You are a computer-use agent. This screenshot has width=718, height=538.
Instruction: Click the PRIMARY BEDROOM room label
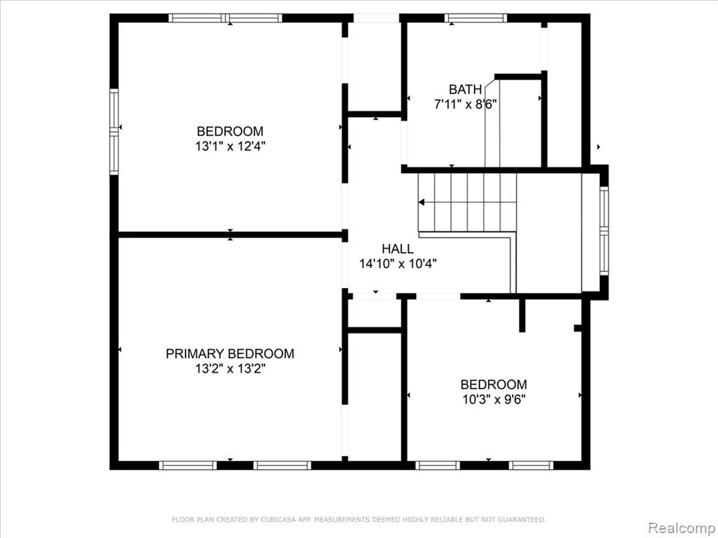pos(230,354)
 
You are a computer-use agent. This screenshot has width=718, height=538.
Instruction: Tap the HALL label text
pos(398,249)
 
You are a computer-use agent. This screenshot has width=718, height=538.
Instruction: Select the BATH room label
pos(466,89)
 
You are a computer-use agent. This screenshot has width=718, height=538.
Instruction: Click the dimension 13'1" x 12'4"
pos(230,146)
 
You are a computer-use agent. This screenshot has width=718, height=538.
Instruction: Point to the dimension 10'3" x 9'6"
pos(494,399)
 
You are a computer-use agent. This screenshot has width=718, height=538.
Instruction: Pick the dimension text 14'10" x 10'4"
pos(398,264)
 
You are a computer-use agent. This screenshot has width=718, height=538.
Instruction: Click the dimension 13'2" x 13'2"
pos(230,368)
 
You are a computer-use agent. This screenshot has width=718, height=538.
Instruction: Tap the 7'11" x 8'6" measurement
pos(466,104)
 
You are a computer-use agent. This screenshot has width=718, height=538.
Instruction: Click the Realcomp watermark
pos(682,527)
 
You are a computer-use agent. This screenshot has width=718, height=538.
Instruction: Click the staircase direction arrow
pos(421,202)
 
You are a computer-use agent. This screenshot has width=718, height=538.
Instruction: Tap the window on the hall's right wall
pos(604,231)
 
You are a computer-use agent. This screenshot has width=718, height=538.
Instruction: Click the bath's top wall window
pos(476,18)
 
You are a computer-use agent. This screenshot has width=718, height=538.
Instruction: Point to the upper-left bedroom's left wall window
pos(114,132)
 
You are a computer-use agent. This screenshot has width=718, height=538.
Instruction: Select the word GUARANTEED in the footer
pos(522,519)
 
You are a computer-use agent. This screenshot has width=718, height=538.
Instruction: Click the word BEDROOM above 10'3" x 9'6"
pos(494,385)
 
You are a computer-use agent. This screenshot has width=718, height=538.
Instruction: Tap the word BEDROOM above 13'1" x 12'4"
pos(230,131)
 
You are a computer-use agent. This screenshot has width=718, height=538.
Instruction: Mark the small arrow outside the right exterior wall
pos(599,147)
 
